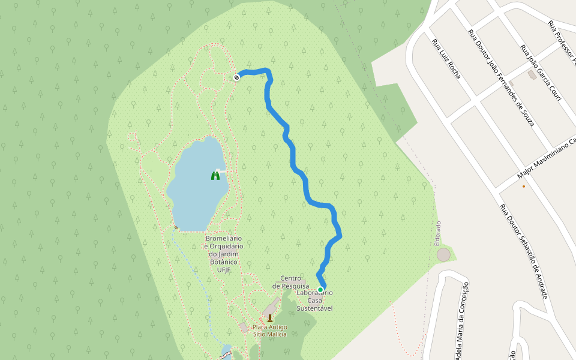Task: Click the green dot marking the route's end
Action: pyautogui.click(x=320, y=290)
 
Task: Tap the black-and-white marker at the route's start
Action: pyautogui.click(x=237, y=76)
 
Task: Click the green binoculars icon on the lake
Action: pyautogui.click(x=215, y=175)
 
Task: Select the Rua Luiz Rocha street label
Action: pyautogui.click(x=446, y=59)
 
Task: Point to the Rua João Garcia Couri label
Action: pyautogui.click(x=540, y=73)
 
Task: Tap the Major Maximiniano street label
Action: pyautogui.click(x=546, y=159)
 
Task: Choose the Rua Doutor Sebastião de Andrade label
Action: pyautogui.click(x=524, y=251)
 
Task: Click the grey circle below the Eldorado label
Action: pyautogui.click(x=443, y=254)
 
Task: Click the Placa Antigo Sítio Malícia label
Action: pyautogui.click(x=269, y=331)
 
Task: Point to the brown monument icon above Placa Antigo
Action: pyautogui.click(x=270, y=318)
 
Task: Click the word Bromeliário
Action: pyautogui.click(x=224, y=238)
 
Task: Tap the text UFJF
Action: pyautogui.click(x=224, y=269)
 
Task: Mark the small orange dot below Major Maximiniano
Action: pyautogui.click(x=524, y=186)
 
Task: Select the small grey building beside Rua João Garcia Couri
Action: pyautogui.click(x=532, y=75)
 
